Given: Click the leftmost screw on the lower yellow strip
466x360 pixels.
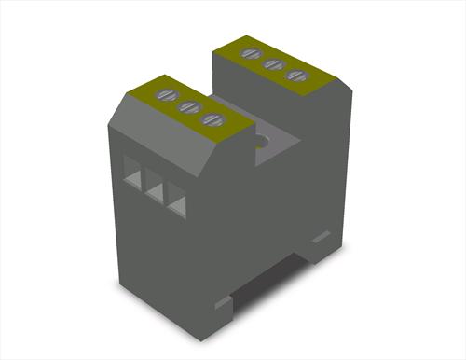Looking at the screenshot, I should [x=168, y=95].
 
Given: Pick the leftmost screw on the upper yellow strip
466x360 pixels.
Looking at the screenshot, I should [x=250, y=53].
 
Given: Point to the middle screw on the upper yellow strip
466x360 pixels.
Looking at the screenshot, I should [x=273, y=64].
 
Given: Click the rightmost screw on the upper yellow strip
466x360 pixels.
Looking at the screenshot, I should [x=296, y=76].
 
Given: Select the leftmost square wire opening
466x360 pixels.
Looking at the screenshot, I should [x=132, y=171].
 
